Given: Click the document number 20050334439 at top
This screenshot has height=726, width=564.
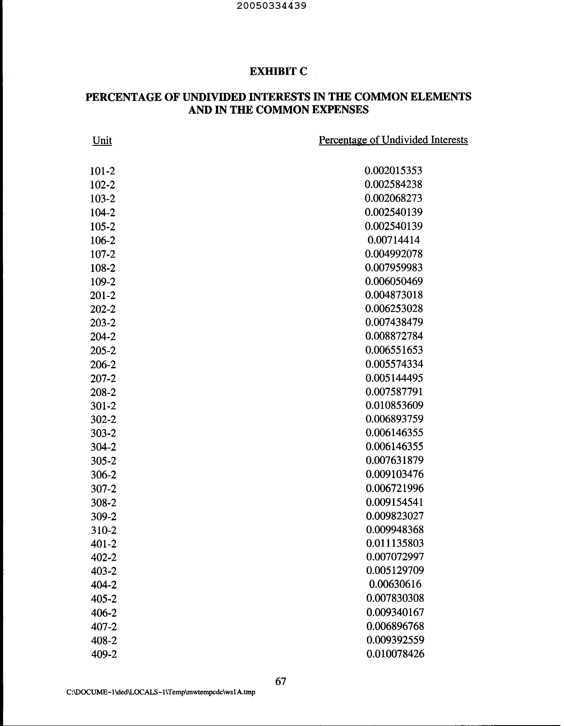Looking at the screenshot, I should click(271, 6).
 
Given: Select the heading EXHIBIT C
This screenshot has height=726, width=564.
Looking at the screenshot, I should click(278, 71).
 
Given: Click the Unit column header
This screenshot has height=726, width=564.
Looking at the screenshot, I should click(102, 141).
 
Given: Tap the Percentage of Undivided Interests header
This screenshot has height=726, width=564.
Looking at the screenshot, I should click(393, 140).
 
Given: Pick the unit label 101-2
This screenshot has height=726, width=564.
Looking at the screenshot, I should click(102, 171).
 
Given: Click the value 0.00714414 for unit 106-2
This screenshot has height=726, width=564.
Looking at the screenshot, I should click(393, 240).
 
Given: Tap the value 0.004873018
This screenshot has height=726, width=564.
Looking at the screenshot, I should click(394, 295).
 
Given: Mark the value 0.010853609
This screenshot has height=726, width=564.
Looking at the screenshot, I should click(394, 405).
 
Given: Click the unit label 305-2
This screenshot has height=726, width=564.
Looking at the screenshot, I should click(103, 461).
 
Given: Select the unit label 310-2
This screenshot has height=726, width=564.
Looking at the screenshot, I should click(103, 530).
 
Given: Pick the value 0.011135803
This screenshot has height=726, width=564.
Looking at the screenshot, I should click(395, 543).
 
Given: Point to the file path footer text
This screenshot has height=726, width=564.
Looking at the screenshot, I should click(161, 693).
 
